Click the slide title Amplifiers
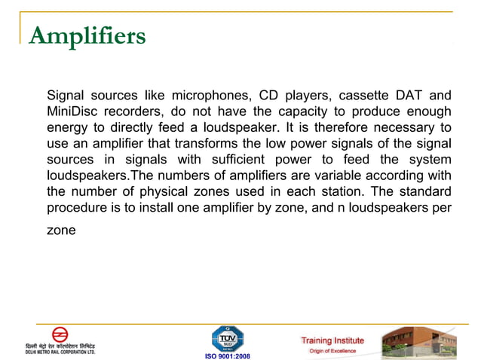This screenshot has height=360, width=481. pos(87,36)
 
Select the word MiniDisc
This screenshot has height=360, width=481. pos(72,112)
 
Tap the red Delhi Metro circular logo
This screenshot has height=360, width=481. pos(60,334)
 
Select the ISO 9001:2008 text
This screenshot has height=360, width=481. pos(227,355)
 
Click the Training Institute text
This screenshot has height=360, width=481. pos(332,340)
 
